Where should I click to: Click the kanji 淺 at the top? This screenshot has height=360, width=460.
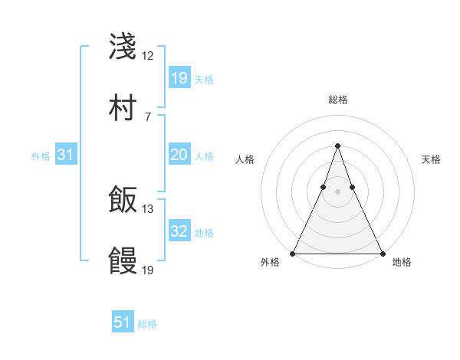point(123,47)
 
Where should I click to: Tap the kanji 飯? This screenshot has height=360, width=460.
point(123,199)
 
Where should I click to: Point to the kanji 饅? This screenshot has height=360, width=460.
point(123,260)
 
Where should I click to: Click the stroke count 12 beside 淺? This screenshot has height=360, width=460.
point(147,56)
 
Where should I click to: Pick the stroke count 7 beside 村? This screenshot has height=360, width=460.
point(147,116)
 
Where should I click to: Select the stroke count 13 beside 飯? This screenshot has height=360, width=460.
point(147,208)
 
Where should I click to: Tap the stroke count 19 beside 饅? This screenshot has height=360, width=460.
point(147,270)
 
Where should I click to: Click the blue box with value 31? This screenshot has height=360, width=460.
point(66,155)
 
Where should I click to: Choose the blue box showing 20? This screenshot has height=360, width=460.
point(179,155)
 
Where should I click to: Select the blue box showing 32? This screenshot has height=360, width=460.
point(179,231)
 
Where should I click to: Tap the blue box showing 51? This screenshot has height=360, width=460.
point(123,322)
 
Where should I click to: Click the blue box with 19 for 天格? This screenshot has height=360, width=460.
point(179,78)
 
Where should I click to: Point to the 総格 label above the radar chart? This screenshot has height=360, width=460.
point(337,100)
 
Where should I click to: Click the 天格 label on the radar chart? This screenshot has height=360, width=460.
point(432,159)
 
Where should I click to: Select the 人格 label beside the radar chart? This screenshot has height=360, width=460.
point(245,159)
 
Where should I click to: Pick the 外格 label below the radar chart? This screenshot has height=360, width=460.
point(270,263)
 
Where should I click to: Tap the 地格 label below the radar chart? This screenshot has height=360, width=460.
point(402,263)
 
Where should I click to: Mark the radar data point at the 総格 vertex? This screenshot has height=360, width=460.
point(337,146)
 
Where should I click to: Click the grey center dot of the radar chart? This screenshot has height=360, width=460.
point(337,191)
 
